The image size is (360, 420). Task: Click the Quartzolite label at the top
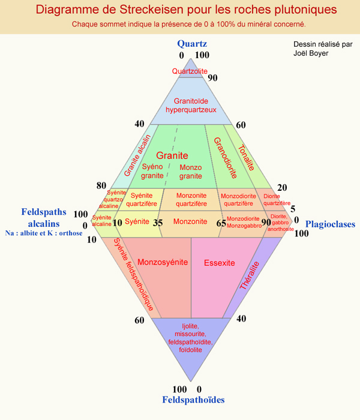(190, 71)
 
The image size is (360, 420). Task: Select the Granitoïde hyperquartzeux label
(190, 105)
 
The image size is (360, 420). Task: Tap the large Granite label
(172, 155)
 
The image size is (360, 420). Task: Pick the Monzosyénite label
(163, 262)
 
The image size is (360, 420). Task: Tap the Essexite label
(219, 262)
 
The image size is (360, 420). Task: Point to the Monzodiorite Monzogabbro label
(244, 222)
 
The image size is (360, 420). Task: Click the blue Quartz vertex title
(192, 43)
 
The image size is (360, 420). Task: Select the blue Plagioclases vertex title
(330, 224)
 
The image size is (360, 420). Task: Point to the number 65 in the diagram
(221, 223)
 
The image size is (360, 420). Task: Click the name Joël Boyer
(311, 53)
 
